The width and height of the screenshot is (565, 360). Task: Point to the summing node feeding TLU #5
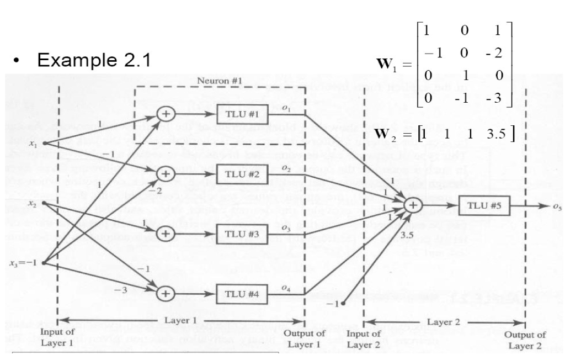click(412, 205)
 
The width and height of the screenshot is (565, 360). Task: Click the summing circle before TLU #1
click(166, 115)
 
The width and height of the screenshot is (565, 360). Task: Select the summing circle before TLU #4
click(164, 293)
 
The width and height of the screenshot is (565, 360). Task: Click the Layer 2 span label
click(445, 321)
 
